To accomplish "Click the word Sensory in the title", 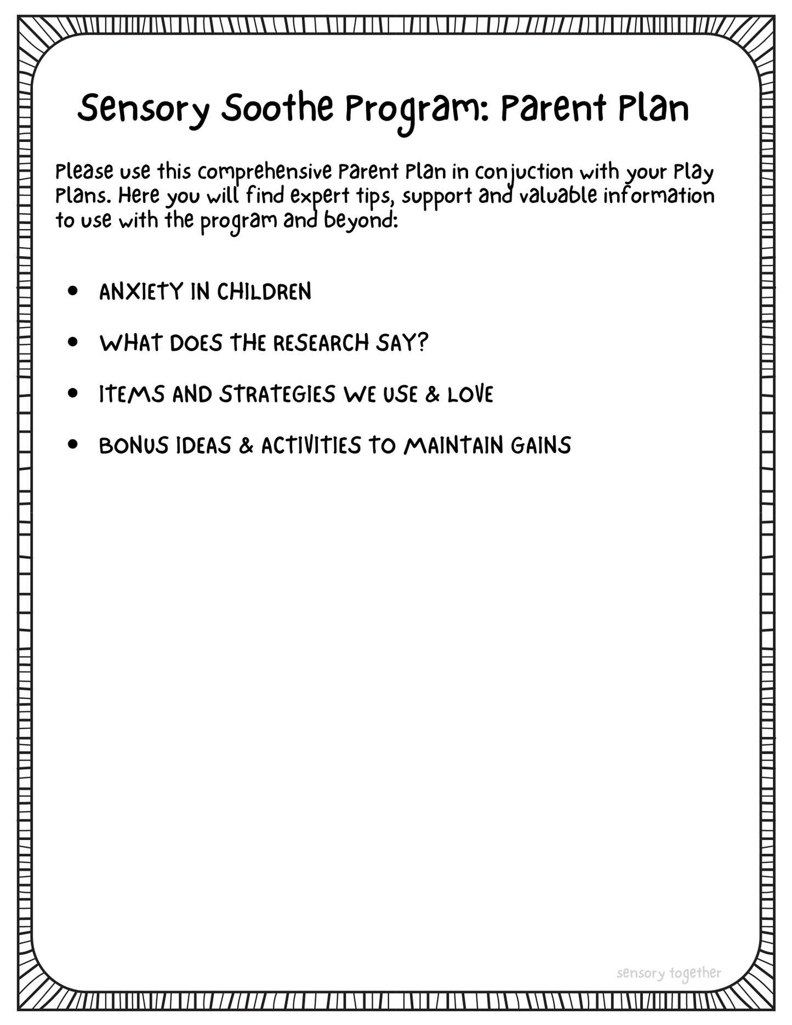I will point(143,110).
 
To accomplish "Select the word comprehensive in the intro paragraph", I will point(265,172).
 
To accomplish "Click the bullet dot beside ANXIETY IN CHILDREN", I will point(73,291).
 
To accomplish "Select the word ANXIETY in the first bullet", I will point(141,291).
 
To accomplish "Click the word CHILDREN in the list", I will point(264,291).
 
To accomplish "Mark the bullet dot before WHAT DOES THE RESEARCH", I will point(73,342).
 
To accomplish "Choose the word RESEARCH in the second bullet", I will point(321,343).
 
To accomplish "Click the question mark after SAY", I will point(423,342).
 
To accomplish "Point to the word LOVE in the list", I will point(470,394).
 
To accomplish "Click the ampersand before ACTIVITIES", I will point(246,445).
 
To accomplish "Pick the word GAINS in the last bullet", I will point(541,445).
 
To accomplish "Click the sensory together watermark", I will point(669,973).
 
